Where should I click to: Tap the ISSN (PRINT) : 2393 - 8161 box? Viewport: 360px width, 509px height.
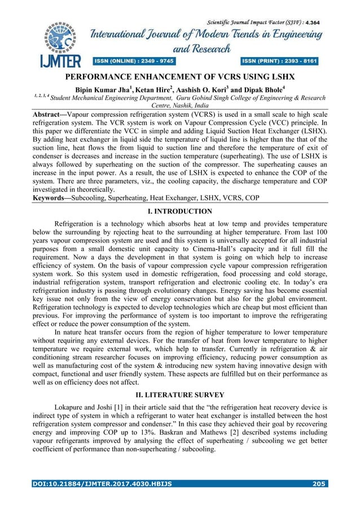pyautogui.click(x=280, y=60)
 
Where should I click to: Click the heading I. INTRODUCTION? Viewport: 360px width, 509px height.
pyautogui.click(x=179, y=212)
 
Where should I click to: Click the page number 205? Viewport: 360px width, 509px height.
pyautogui.click(x=319, y=484)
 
